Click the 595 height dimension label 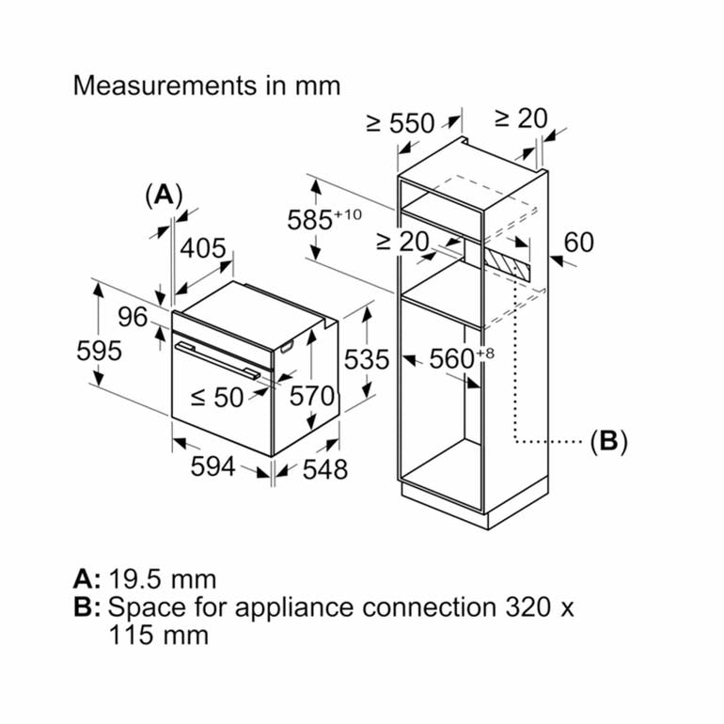(100, 351)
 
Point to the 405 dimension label (204, 249)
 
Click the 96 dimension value (133, 317)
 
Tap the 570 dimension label (312, 397)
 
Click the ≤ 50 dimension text (217, 397)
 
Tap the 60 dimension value (579, 243)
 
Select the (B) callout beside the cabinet (607, 440)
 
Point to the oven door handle (217, 360)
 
